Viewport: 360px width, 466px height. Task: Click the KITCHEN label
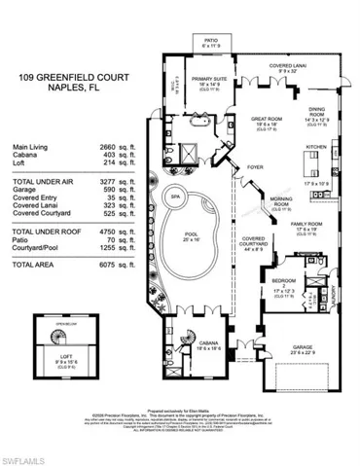pos(317,146)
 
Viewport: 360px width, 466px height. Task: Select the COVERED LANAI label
pos(288,67)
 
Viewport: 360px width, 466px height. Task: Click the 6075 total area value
pos(94,265)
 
